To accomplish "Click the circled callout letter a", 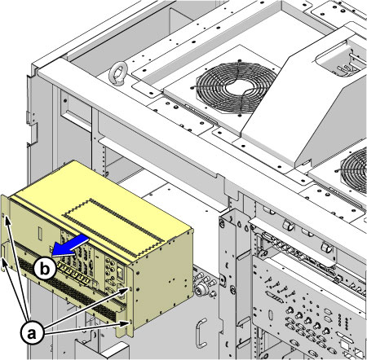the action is (32, 332).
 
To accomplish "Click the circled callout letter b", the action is (45, 268).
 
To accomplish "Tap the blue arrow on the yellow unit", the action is (70, 246).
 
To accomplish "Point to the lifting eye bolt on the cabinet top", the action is (117, 72).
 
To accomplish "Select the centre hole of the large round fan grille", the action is (237, 88).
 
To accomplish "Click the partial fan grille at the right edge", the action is (354, 170).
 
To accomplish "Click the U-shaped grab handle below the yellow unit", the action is (201, 333).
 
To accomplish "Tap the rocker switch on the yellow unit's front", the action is (120, 271).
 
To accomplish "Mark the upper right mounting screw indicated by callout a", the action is (130, 289).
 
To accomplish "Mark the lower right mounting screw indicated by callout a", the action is (130, 323).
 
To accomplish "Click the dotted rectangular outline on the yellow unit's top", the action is (113, 228).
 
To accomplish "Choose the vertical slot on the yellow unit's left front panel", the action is (40, 234).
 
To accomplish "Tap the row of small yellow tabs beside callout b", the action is (73, 274).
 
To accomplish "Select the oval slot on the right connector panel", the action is (271, 315).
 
